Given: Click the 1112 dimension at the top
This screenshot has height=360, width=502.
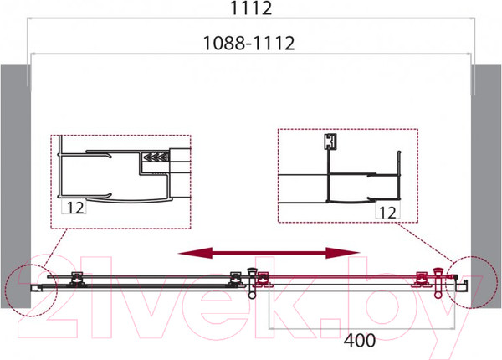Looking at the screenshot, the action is (x=251, y=8).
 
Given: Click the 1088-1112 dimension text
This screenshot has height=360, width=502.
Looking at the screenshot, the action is (x=248, y=44).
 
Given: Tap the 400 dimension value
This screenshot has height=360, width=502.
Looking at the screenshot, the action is (x=360, y=341).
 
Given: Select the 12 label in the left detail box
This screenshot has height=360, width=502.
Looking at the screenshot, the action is (x=75, y=208).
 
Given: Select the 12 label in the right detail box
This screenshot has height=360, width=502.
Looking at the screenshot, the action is (x=387, y=213).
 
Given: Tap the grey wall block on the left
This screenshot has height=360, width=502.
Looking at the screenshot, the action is (x=15, y=187).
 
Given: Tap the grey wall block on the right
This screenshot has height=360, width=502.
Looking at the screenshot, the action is (x=486, y=187).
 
